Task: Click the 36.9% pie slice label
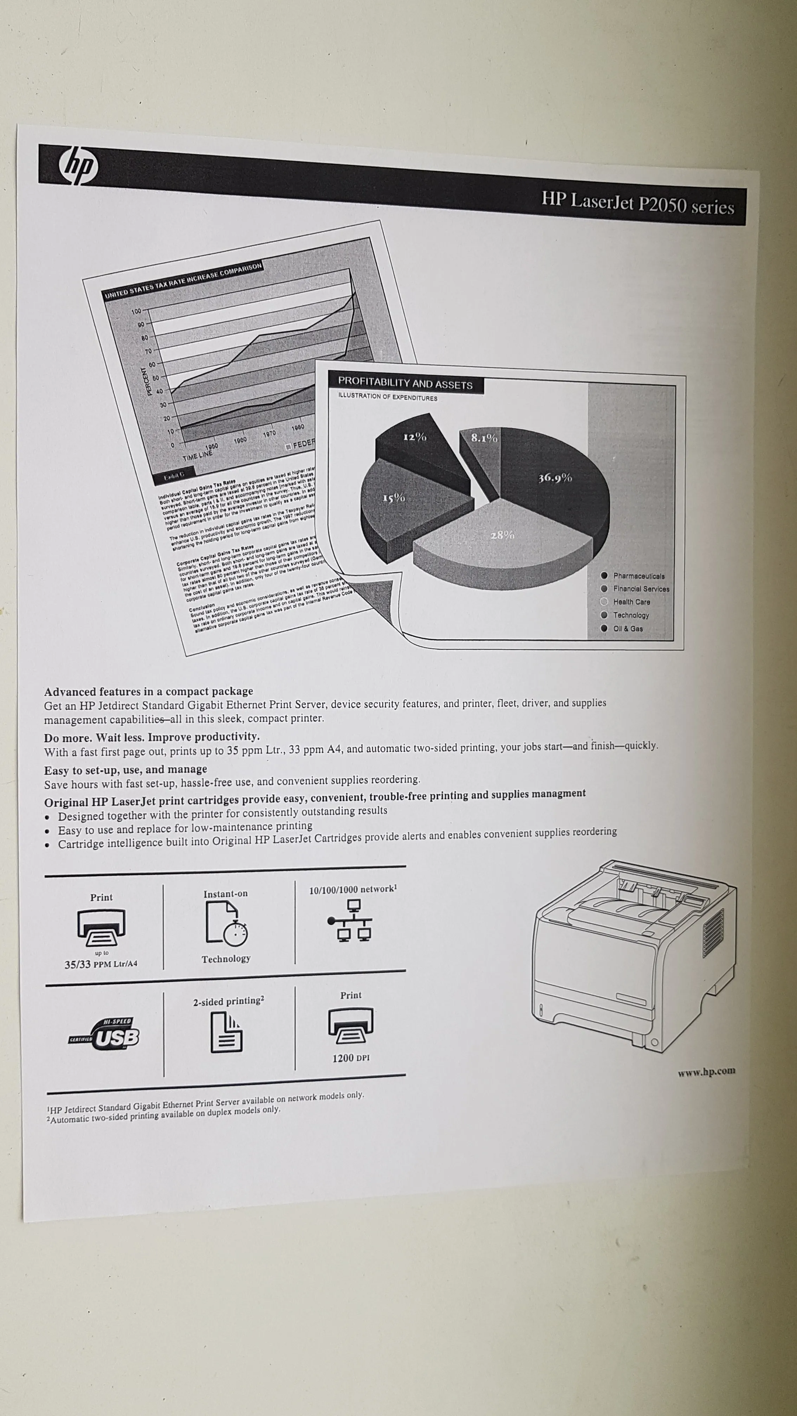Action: click(x=555, y=478)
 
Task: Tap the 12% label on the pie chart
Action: click(x=415, y=437)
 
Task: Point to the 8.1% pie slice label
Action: click(x=484, y=438)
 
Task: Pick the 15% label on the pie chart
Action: click(x=394, y=498)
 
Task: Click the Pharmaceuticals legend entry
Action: click(x=638, y=576)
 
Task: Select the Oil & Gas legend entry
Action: click(x=627, y=628)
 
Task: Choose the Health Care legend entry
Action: click(x=631, y=602)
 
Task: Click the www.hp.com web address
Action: click(x=706, y=1070)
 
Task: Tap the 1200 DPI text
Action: click(x=351, y=1058)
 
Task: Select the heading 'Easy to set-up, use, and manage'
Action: click(x=126, y=769)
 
